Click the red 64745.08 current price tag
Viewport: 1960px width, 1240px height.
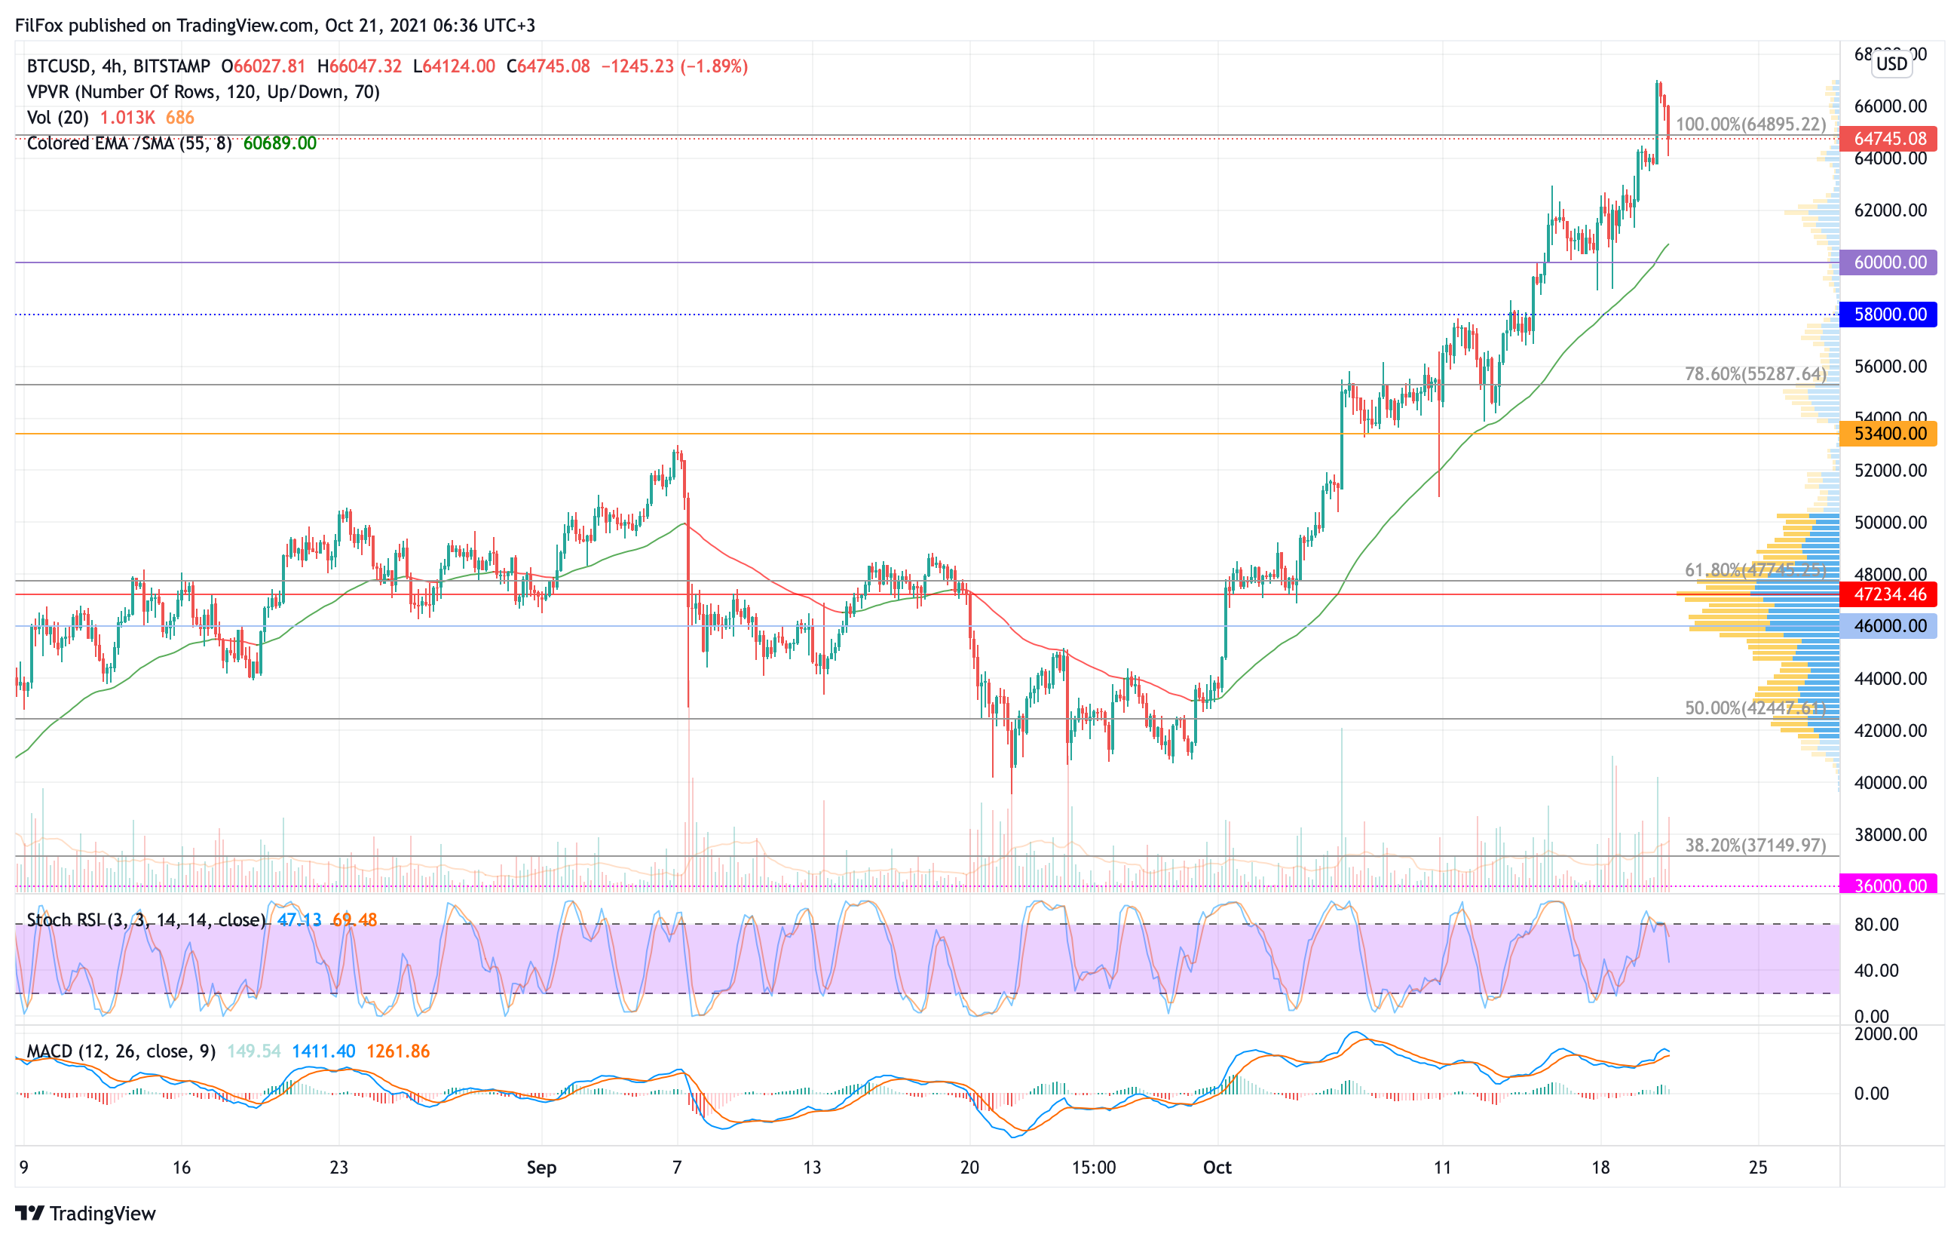tap(1888, 139)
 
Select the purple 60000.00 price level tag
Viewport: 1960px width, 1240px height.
tap(1888, 262)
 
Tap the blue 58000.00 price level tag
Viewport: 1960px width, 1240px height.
tap(1888, 315)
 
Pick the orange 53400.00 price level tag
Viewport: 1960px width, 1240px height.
tap(1888, 433)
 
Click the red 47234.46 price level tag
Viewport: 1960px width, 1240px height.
tap(1888, 594)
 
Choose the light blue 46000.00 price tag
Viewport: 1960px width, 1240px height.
tap(1888, 626)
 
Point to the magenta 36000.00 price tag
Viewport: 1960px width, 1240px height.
tap(1888, 885)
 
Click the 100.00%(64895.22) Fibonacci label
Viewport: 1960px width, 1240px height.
tap(1750, 124)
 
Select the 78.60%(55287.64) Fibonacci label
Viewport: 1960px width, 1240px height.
tap(1755, 373)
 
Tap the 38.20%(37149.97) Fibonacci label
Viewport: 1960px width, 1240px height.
tap(1755, 845)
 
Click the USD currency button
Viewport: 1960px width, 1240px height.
tap(1891, 63)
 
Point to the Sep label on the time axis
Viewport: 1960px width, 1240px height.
tap(541, 1168)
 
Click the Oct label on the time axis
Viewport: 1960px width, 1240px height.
tap(1217, 1168)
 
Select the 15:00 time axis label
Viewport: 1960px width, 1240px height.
tap(1093, 1168)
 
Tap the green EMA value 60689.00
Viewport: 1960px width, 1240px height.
tap(279, 143)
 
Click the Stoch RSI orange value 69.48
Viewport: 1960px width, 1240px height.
tap(354, 920)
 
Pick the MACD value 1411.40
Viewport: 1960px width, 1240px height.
tap(323, 1051)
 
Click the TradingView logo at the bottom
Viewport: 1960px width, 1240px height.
tap(85, 1213)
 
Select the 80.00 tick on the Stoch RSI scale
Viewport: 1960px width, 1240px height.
tap(1876, 924)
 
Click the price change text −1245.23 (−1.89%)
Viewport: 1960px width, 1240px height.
tap(674, 66)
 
